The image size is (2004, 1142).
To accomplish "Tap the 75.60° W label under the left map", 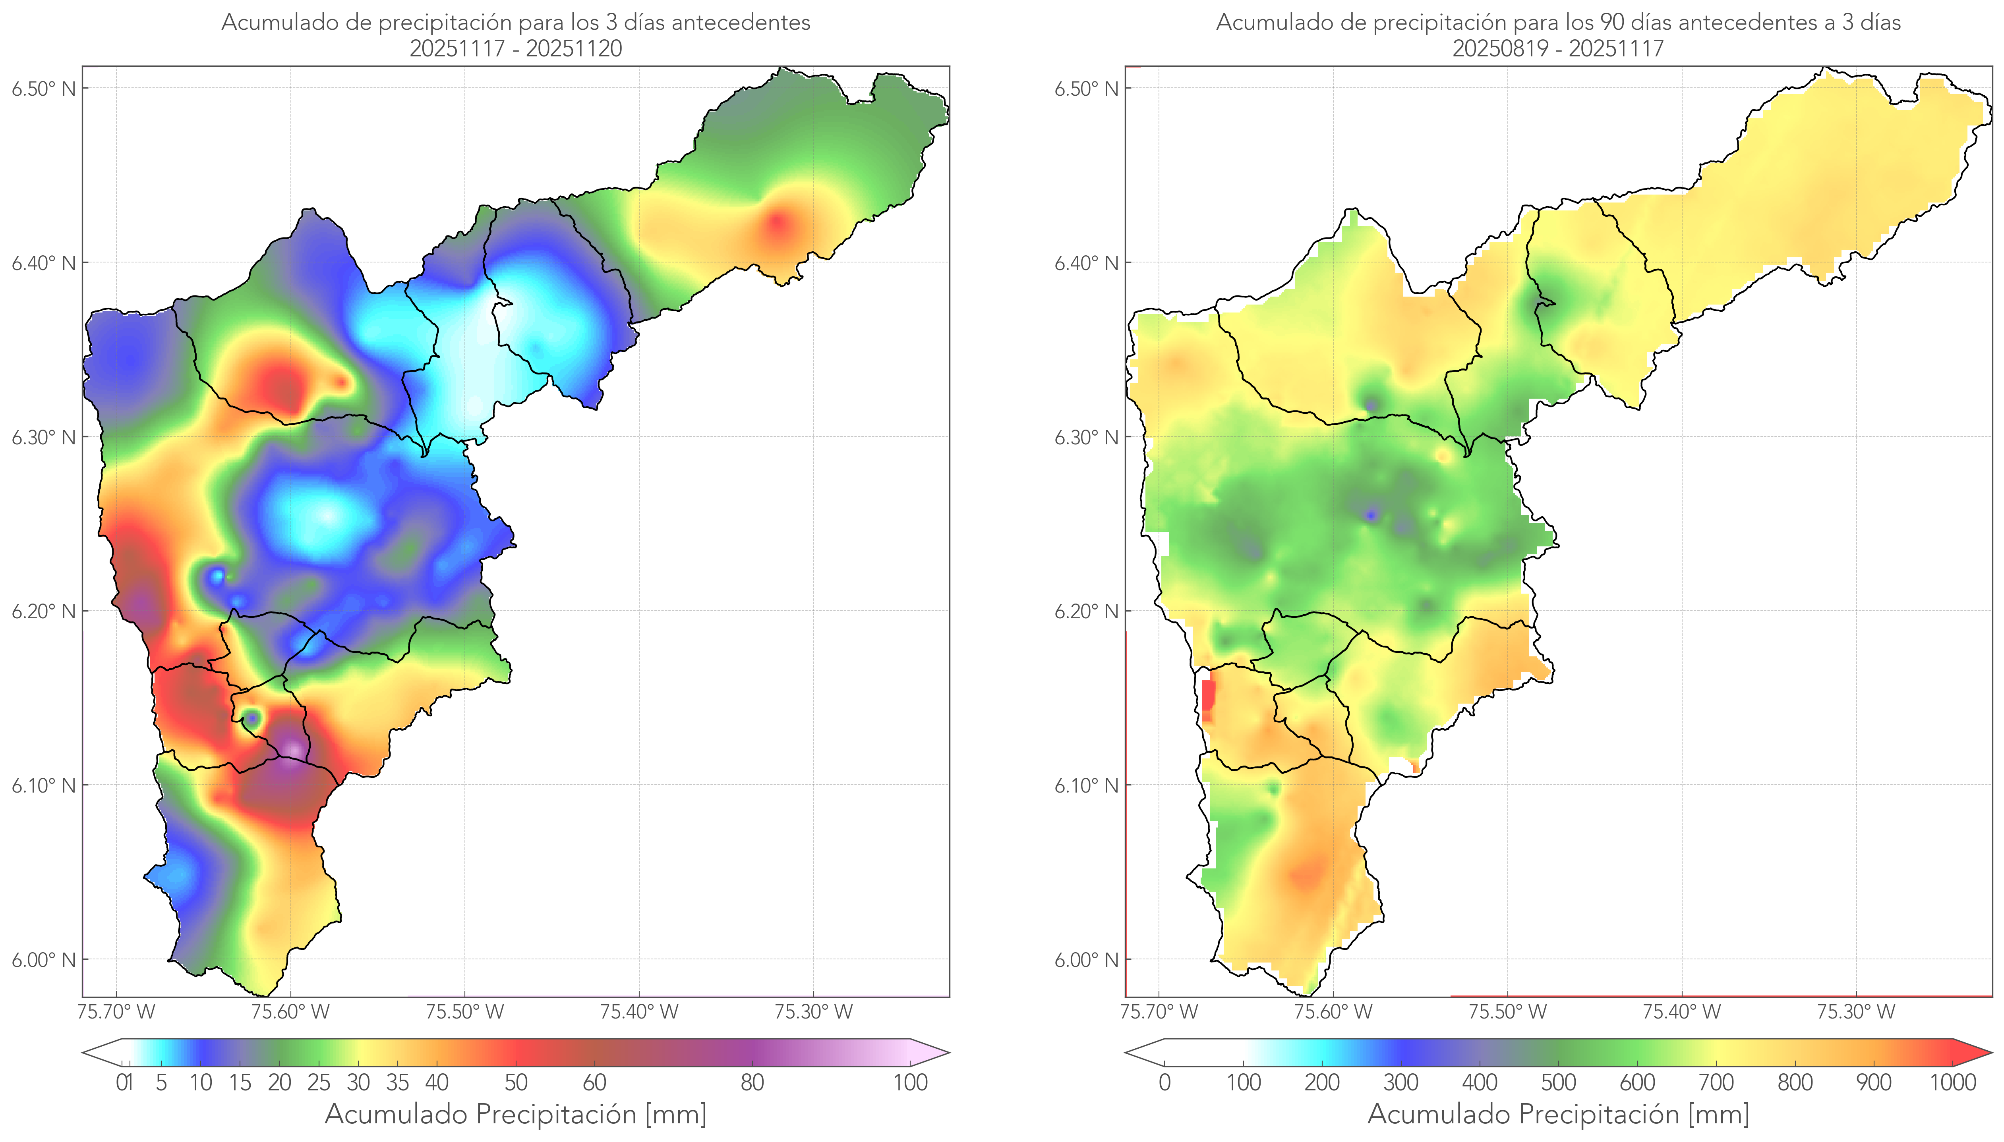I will coord(290,1012).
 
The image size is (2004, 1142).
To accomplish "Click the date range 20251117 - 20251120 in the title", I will coord(516,48).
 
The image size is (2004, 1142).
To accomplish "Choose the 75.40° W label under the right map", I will coord(1681,1012).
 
